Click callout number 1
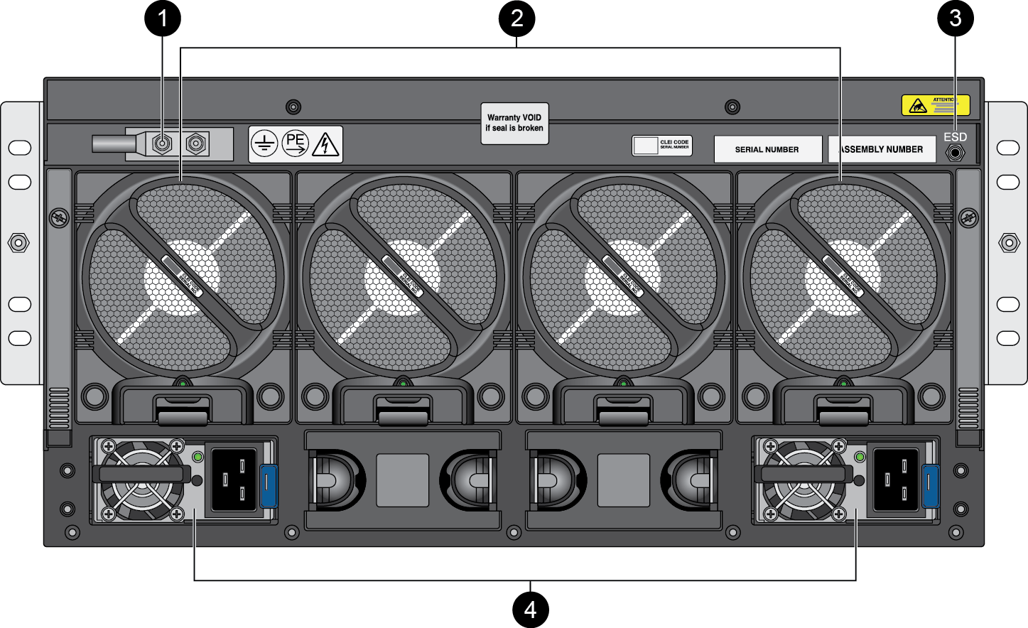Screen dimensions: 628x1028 [163, 18]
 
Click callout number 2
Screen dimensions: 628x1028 [516, 18]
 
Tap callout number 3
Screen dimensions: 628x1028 [956, 18]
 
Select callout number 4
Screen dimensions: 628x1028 [530, 609]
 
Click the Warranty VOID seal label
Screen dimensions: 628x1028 [514, 123]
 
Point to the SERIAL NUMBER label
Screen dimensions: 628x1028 [767, 149]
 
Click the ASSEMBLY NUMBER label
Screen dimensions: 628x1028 [882, 149]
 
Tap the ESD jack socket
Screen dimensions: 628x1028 [956, 152]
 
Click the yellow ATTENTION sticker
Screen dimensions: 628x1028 [935, 105]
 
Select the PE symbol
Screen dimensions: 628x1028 [295, 143]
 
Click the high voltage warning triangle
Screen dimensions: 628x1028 [325, 144]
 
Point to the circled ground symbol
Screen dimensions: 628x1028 [264, 144]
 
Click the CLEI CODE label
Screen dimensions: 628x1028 [662, 145]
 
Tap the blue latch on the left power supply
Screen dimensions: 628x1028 [268, 485]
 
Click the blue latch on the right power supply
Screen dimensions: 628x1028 [930, 485]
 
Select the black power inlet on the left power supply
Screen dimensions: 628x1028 [234, 480]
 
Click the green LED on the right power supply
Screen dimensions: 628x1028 [860, 457]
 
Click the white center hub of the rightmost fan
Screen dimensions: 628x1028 [842, 278]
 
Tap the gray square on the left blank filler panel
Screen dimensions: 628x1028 [402, 480]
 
